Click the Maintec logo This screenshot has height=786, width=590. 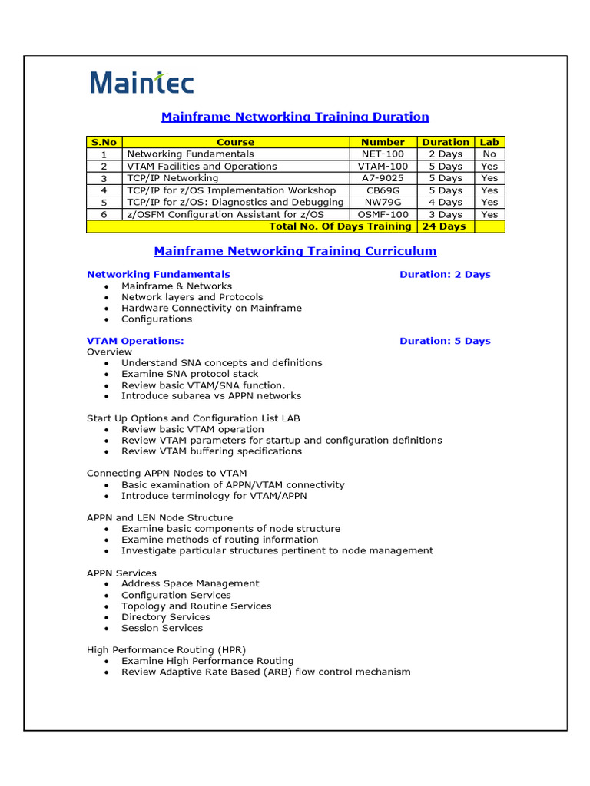[142, 83]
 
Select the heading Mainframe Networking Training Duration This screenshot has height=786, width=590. [295, 117]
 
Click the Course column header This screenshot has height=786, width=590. [235, 142]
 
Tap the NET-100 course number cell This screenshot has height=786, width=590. [383, 154]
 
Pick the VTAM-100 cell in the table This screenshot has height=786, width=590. [383, 167]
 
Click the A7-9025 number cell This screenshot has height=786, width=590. [383, 178]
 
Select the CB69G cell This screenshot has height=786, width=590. [383, 190]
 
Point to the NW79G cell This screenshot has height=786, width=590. [383, 203]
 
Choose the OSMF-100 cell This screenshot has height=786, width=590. [383, 215]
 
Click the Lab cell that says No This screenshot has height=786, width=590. [489, 154]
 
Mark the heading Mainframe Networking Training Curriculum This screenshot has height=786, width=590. [295, 251]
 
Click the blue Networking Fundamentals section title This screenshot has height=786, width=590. [158, 274]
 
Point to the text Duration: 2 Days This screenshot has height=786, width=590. [445, 274]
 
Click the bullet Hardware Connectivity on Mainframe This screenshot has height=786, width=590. [211, 308]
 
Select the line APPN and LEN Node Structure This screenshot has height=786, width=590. [160, 517]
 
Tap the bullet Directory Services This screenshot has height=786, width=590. [165, 617]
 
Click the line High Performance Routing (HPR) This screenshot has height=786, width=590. [166, 649]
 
